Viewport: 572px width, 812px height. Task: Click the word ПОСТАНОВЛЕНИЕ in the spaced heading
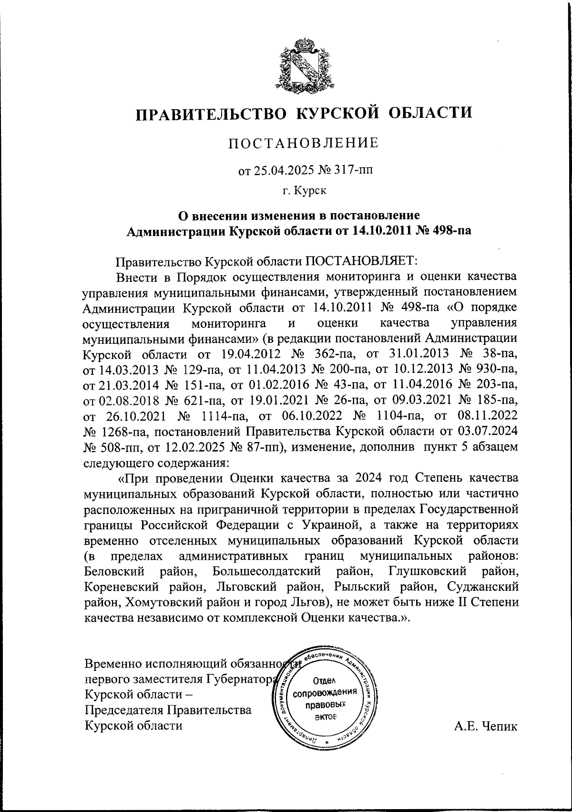pyautogui.click(x=304, y=143)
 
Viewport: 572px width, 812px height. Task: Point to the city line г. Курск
pyautogui.click(x=304, y=191)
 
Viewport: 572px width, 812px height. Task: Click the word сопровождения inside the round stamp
pyautogui.click(x=326, y=692)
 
